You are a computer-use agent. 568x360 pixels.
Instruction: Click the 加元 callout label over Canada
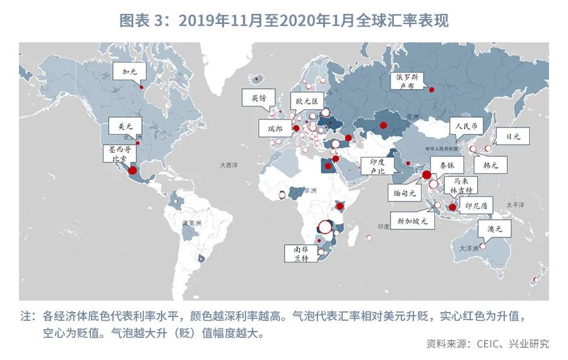(x=129, y=71)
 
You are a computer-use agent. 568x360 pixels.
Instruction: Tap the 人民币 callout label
(x=467, y=126)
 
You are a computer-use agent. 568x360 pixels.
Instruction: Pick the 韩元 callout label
(x=490, y=165)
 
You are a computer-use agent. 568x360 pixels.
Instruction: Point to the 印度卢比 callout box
(x=378, y=166)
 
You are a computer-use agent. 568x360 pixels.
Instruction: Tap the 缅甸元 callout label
(x=402, y=190)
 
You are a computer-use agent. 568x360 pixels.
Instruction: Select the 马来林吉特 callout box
(x=461, y=185)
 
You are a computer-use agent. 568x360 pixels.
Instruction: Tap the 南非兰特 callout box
(x=297, y=253)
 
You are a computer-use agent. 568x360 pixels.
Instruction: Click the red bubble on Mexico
(x=133, y=170)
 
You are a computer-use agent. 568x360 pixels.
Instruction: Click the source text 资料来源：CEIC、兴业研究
(x=487, y=344)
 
